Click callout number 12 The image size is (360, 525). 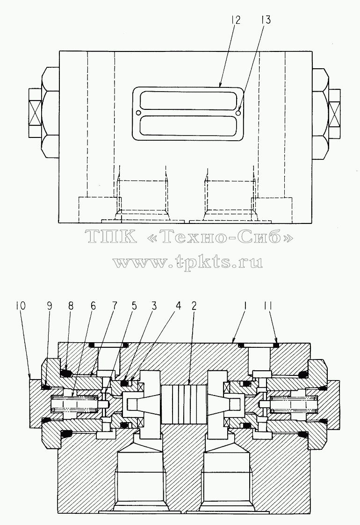[235, 20]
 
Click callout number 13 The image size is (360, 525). [265, 20]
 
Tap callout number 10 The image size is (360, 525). [21, 306]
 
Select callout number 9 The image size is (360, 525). [50, 306]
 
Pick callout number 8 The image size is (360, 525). [71, 306]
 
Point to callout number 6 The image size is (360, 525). [93, 306]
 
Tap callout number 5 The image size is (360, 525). [134, 306]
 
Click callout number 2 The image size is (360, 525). [194, 306]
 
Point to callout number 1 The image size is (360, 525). [245, 306]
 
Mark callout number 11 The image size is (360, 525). [268, 306]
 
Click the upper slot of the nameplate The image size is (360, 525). [188, 101]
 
